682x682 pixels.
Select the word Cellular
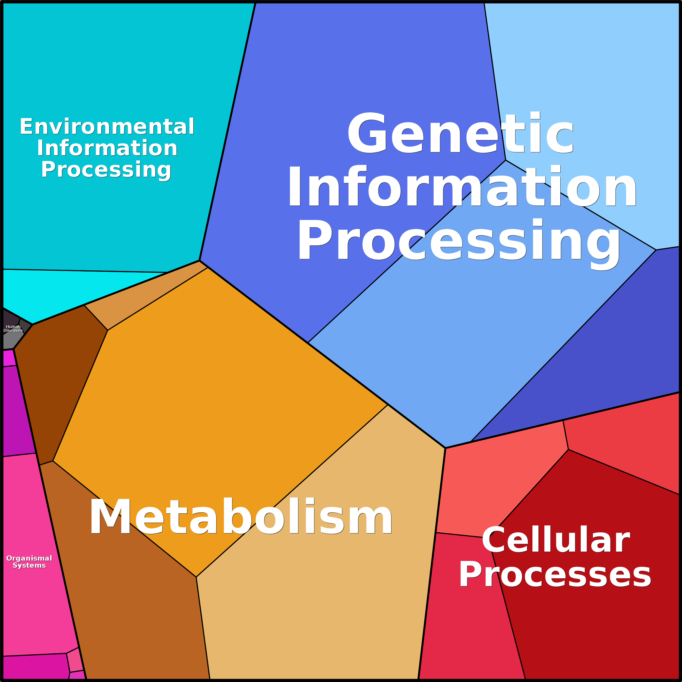556,540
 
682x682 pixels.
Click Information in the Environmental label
107,148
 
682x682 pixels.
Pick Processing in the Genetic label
459,243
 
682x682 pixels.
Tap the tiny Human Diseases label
13,329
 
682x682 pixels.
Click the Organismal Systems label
29,562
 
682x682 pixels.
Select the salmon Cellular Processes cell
494,487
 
